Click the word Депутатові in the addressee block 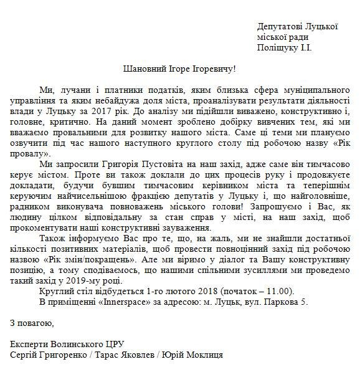click(279, 27)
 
